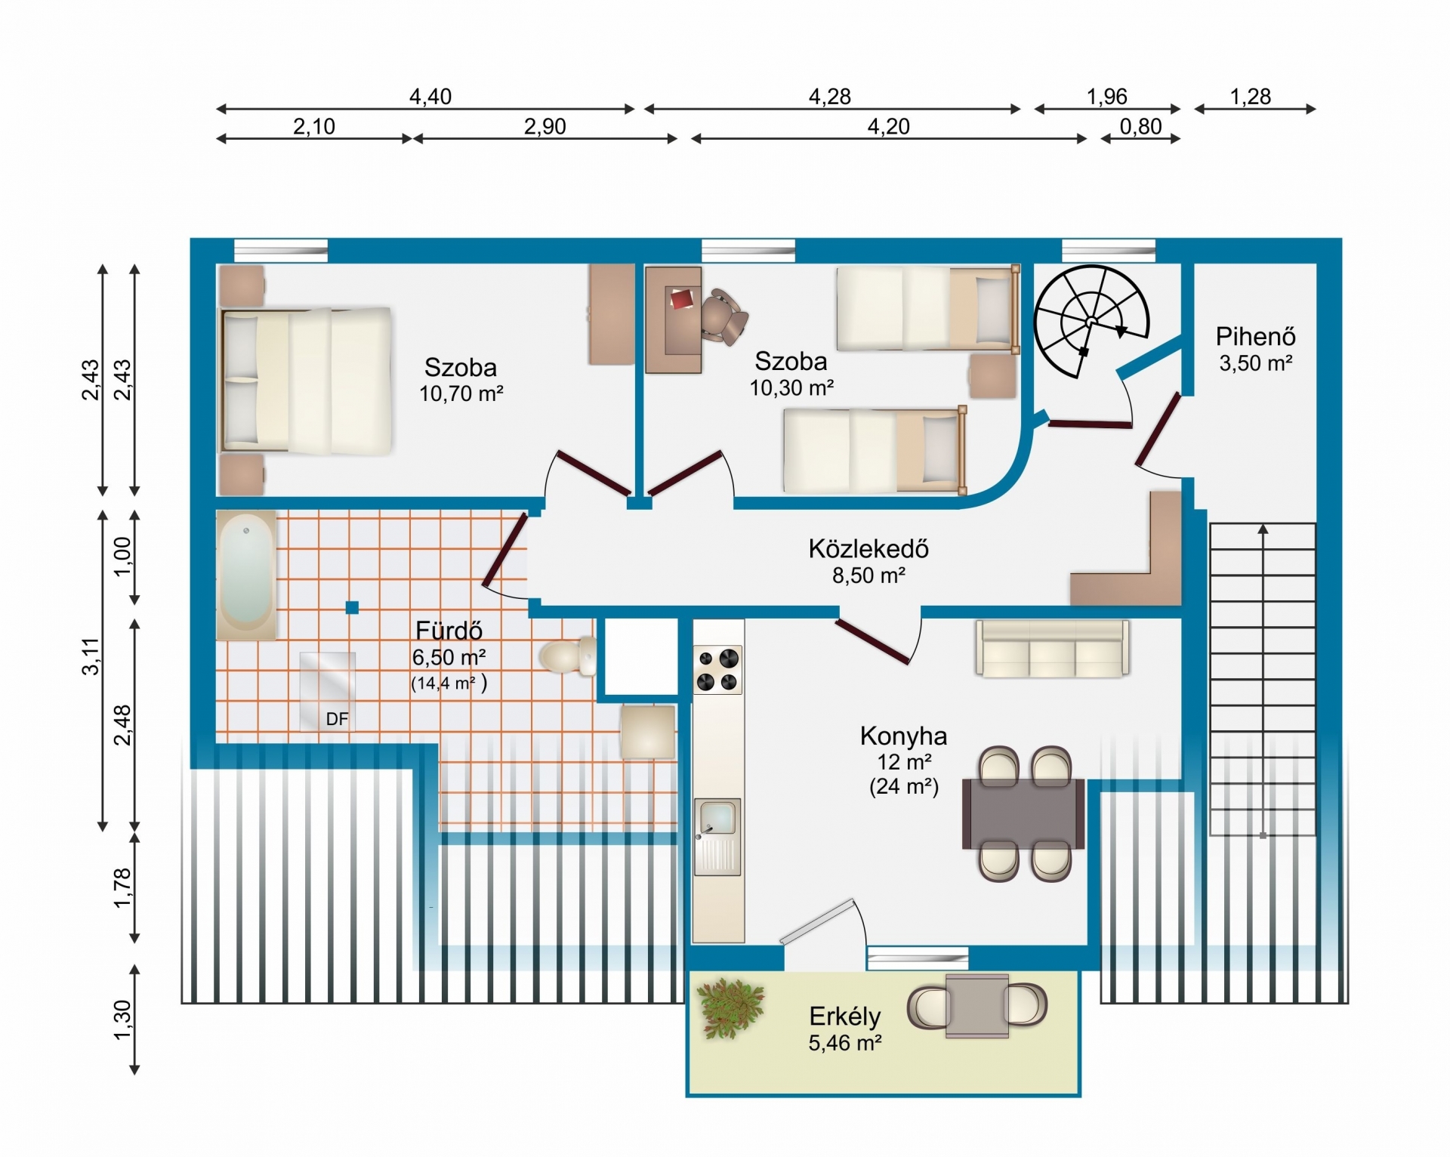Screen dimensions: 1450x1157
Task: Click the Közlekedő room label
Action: (x=868, y=549)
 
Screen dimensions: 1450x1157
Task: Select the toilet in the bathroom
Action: (x=567, y=656)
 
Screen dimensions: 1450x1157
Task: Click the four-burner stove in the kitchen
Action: (x=717, y=670)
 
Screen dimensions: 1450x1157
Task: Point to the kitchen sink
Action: (x=717, y=837)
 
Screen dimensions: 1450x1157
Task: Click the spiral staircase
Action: (x=1091, y=321)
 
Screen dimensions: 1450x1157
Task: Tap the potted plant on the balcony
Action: (x=730, y=1008)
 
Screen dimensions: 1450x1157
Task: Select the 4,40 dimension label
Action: (x=430, y=97)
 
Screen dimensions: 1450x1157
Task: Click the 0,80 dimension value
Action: (x=1140, y=126)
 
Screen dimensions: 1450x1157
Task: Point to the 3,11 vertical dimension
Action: (x=91, y=656)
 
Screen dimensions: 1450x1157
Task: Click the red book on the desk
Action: (x=682, y=299)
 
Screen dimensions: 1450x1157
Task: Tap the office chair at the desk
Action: (x=723, y=316)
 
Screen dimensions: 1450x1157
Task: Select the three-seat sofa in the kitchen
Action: (x=1052, y=648)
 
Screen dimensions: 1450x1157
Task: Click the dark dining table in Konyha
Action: (x=1023, y=813)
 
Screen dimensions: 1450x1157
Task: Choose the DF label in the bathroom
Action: (x=337, y=719)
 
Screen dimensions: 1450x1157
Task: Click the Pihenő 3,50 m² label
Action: (x=1256, y=349)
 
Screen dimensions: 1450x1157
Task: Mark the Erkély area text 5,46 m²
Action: (x=845, y=1043)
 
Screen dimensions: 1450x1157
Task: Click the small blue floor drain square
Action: (x=352, y=606)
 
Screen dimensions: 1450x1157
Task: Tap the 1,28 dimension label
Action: (x=1251, y=97)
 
